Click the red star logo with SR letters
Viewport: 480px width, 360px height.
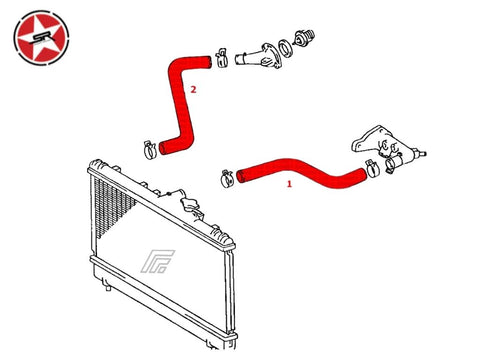coord(41,38)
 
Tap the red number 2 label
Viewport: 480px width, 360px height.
coord(193,89)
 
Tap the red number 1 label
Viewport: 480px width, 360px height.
coord(289,183)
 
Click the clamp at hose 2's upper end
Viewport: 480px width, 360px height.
coord(222,57)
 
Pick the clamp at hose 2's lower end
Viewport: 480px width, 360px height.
coord(150,150)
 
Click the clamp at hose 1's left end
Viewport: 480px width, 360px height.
coord(227,178)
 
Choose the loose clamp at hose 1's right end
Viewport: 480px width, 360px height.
coord(372,168)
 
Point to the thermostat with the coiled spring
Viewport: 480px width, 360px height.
coord(303,37)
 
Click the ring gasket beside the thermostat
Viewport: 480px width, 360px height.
coord(285,48)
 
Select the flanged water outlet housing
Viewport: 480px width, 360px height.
coord(259,56)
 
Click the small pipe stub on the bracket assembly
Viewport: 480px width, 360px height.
coord(421,153)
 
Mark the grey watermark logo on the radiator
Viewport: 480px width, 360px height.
coord(157,262)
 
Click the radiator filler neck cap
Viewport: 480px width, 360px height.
coord(191,202)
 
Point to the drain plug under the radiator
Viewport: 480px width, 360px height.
coord(108,287)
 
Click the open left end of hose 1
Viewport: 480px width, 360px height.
coord(240,176)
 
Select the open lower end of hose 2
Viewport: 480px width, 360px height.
coord(163,148)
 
